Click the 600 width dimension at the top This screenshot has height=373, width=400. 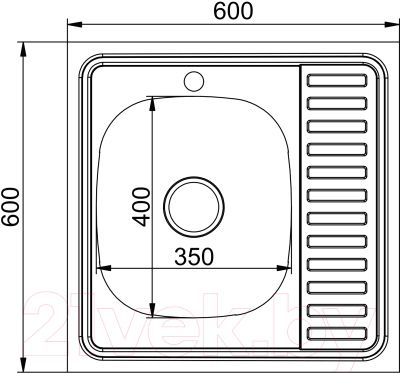pos(233,11)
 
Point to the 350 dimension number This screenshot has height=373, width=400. pos(195,256)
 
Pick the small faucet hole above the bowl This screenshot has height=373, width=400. pos(195,78)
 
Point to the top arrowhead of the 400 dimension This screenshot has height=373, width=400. pos(152,101)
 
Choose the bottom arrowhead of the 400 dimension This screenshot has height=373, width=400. pos(152,309)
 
